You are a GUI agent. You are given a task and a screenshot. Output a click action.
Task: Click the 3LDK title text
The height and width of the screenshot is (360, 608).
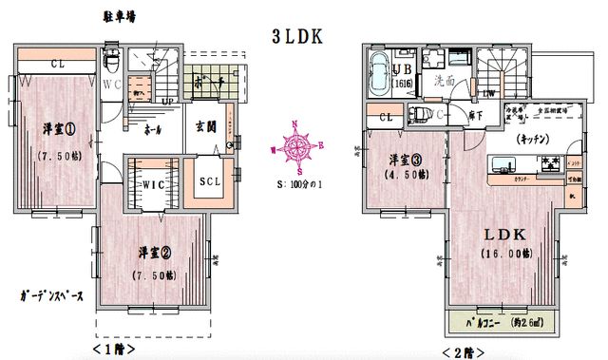[298, 36]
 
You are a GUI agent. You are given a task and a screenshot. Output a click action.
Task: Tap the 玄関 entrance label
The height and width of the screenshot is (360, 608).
[206, 126]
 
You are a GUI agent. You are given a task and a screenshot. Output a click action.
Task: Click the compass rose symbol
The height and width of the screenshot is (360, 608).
[296, 146]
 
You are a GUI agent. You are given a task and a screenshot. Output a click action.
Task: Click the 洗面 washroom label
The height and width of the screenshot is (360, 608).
[443, 82]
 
